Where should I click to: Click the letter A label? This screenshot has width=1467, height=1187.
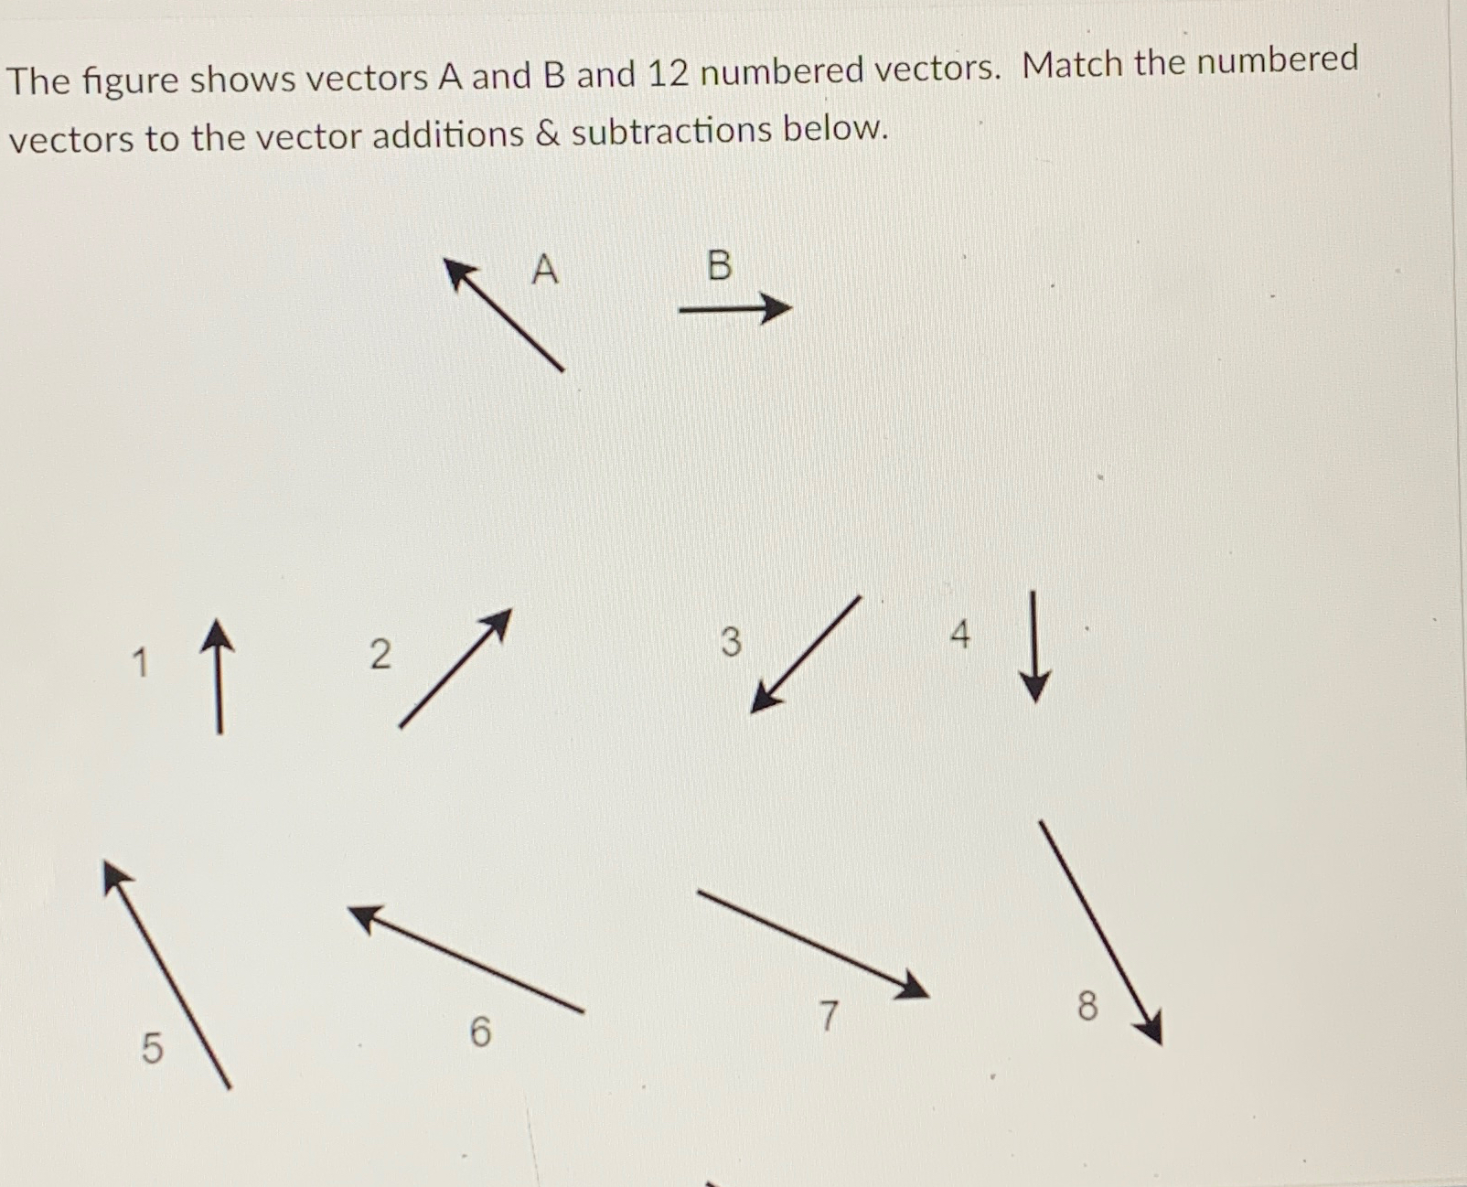[544, 269]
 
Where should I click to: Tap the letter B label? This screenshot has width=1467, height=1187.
[720, 265]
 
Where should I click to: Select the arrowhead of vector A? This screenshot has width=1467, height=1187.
[459, 273]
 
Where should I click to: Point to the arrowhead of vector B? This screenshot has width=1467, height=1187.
[776, 308]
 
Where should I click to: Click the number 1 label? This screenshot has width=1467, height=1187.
[140, 662]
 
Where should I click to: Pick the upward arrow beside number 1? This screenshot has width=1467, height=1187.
[218, 677]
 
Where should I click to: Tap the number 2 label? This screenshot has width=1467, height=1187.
[380, 654]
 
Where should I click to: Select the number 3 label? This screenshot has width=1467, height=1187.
[730, 641]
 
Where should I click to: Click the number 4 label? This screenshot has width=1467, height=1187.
[959, 633]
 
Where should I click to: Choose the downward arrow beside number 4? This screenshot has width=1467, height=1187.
[1034, 647]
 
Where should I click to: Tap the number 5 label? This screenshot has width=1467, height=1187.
[152, 1047]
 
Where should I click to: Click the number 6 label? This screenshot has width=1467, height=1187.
[480, 1032]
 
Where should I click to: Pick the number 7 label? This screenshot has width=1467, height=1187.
[828, 1015]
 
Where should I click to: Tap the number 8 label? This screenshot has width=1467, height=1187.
[1087, 1006]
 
